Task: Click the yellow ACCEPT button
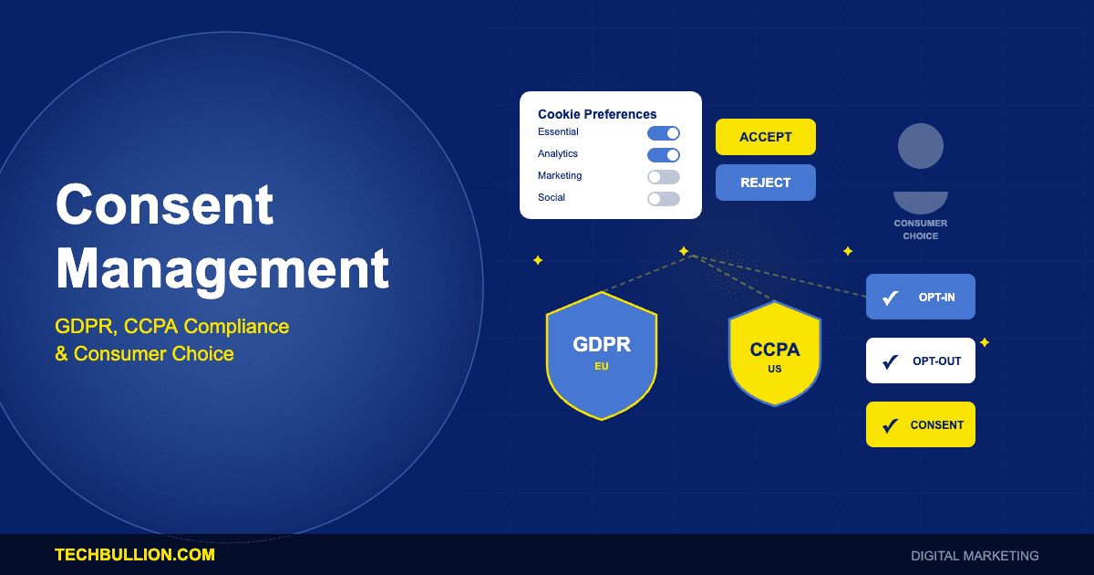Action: click(765, 137)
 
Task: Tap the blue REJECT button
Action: click(765, 183)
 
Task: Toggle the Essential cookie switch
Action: click(663, 133)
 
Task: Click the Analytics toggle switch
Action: click(663, 155)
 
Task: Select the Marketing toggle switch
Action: click(663, 177)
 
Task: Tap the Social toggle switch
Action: click(663, 199)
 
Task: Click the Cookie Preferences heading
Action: click(597, 114)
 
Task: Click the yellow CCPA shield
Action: click(774, 356)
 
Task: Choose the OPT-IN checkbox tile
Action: click(920, 297)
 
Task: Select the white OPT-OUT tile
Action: click(920, 361)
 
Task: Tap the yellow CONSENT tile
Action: click(920, 424)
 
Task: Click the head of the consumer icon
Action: click(920, 146)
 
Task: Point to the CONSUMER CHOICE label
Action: click(920, 229)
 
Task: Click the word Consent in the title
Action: click(164, 204)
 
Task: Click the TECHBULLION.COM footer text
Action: click(135, 555)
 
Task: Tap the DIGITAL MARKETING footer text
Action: click(974, 556)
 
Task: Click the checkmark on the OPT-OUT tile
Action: click(891, 361)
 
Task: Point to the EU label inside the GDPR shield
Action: click(601, 366)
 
